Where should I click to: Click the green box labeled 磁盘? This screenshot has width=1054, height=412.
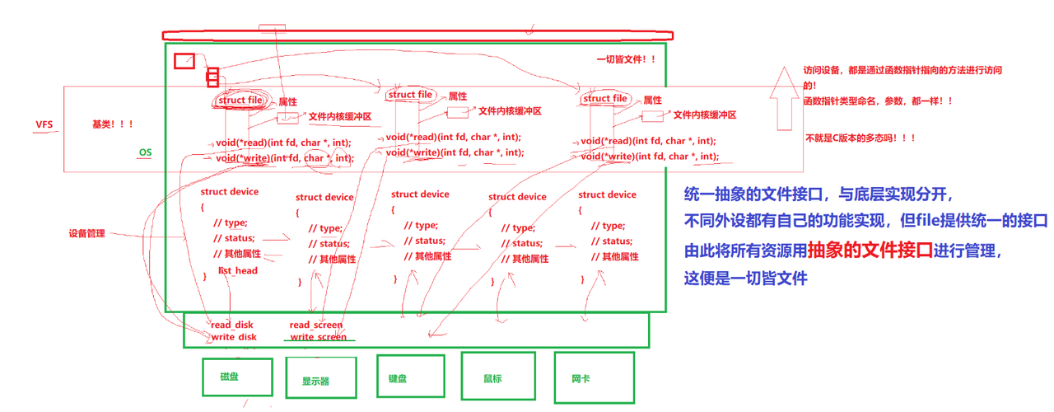point(237,377)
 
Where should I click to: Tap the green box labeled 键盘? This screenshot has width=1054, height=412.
point(410,378)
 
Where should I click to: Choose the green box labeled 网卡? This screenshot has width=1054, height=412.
point(594,377)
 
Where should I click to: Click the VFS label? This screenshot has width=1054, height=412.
point(44,124)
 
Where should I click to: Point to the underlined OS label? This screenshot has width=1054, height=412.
point(145,152)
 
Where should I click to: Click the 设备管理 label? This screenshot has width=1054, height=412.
point(86,234)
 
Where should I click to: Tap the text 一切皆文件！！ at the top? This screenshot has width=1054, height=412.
point(627,59)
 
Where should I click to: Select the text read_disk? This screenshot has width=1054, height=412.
point(232,325)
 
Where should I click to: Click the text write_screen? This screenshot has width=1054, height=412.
point(318,337)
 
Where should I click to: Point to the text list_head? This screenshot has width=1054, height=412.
point(237,270)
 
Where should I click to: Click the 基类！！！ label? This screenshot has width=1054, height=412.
point(113,124)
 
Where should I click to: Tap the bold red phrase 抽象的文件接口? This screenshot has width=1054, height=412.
point(870,249)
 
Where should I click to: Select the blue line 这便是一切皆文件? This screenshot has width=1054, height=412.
point(745,278)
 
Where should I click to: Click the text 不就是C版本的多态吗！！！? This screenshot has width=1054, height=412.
point(860,138)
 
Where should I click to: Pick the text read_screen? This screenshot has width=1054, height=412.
point(316,325)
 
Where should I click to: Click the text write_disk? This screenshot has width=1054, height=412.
point(234,337)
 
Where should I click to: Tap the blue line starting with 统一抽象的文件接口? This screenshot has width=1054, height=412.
point(818,194)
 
